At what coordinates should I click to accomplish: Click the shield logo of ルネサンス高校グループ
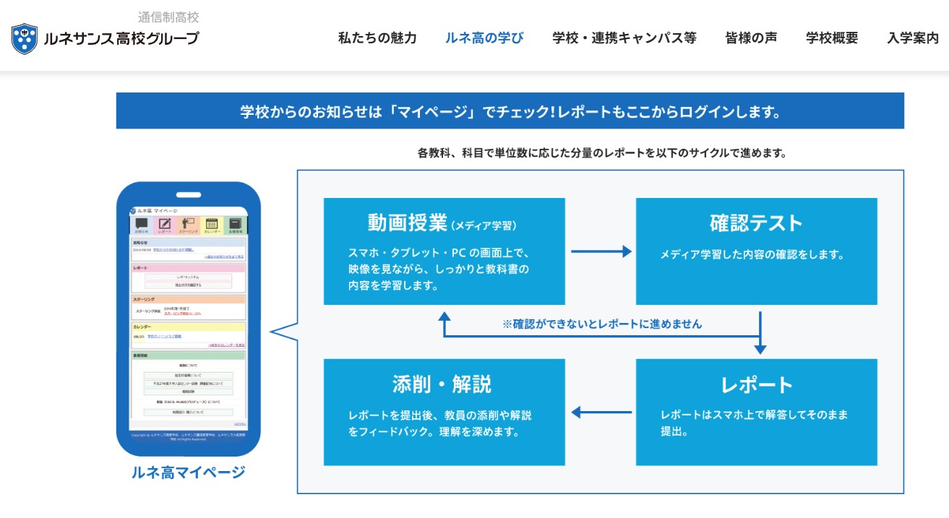click(25, 39)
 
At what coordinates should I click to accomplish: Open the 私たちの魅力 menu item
click(377, 38)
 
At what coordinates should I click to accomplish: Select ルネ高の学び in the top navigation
click(484, 38)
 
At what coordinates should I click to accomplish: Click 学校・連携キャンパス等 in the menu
click(624, 38)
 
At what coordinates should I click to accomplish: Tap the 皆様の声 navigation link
click(751, 38)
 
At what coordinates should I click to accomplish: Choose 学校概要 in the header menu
click(832, 38)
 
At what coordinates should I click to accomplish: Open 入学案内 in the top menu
click(913, 38)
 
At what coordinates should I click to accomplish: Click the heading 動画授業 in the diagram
click(408, 223)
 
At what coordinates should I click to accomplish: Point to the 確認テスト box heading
click(756, 223)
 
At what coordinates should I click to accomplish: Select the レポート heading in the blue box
click(757, 384)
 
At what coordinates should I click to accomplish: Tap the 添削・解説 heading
click(442, 384)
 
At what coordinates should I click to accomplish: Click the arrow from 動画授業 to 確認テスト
click(601, 251)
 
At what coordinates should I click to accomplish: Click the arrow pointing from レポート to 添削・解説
click(601, 413)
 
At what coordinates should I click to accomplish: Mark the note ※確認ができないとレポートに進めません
click(601, 324)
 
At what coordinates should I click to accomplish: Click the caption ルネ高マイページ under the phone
click(188, 472)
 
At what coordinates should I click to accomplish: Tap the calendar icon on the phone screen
click(212, 224)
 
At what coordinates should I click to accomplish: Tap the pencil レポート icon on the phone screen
click(165, 224)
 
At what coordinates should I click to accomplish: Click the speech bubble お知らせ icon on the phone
click(142, 224)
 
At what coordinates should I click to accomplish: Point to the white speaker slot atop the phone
click(189, 194)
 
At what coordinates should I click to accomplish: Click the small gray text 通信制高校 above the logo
click(168, 17)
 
